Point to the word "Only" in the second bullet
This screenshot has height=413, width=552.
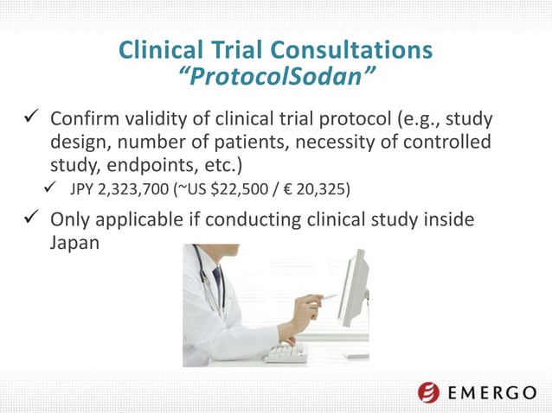[72, 220]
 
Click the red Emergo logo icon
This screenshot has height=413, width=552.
[429, 392]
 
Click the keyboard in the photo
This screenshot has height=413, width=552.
[288, 353]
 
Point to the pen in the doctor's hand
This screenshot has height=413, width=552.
[327, 297]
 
